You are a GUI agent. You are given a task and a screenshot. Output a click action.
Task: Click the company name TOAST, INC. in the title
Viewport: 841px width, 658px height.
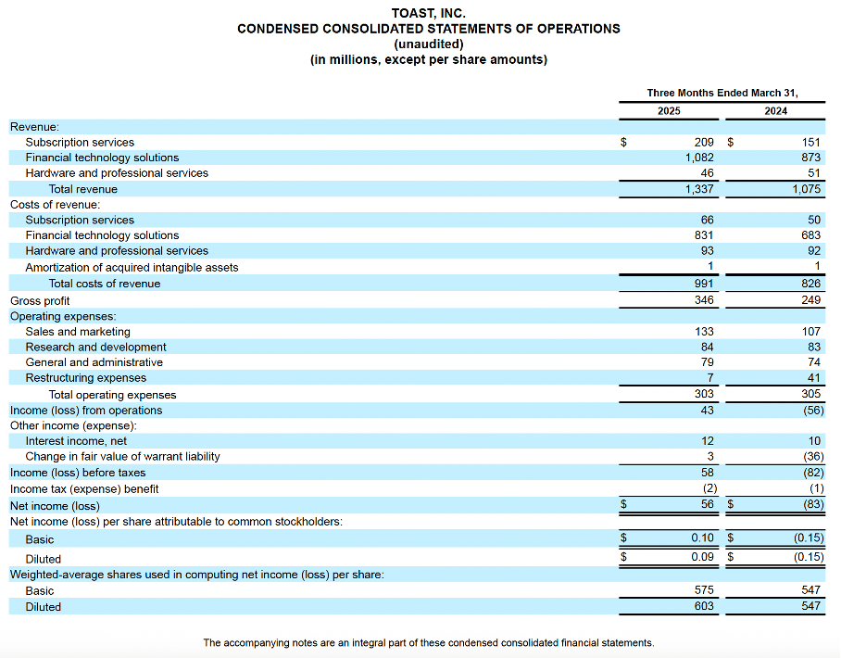pos(428,13)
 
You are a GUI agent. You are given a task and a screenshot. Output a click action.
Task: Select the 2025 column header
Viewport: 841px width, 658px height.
pos(668,111)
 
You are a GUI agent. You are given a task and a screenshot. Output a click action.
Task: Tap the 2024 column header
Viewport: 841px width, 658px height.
pos(776,111)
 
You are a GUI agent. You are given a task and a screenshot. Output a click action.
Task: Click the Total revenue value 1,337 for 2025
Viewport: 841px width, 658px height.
pos(697,189)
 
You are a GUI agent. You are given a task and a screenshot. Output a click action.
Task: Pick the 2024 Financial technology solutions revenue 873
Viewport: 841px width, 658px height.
pos(810,158)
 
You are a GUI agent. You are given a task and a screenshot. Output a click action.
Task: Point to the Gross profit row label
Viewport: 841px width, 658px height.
pos(40,300)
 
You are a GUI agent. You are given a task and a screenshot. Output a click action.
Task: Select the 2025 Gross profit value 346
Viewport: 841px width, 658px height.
pos(703,300)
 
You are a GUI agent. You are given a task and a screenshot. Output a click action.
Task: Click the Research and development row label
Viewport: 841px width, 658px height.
pos(95,347)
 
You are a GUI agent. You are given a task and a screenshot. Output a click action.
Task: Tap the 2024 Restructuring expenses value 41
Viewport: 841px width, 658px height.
pos(813,378)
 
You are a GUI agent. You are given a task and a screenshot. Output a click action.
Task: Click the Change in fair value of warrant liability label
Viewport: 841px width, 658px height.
pos(122,456)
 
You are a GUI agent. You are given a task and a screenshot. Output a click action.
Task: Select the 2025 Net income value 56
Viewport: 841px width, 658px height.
pos(706,505)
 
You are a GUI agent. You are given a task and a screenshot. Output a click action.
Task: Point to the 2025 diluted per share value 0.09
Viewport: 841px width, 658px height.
pos(702,557)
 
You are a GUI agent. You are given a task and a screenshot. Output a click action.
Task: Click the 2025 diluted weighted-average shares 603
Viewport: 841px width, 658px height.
pos(703,606)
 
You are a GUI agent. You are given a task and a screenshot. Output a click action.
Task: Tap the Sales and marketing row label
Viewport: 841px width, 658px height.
pos(78,332)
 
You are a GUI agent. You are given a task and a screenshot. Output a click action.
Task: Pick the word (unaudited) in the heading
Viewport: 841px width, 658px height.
pos(428,44)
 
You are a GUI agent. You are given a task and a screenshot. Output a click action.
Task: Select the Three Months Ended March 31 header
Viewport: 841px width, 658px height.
pos(722,93)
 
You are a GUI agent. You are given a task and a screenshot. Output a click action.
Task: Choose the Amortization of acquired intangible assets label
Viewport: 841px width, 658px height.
pos(132,267)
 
